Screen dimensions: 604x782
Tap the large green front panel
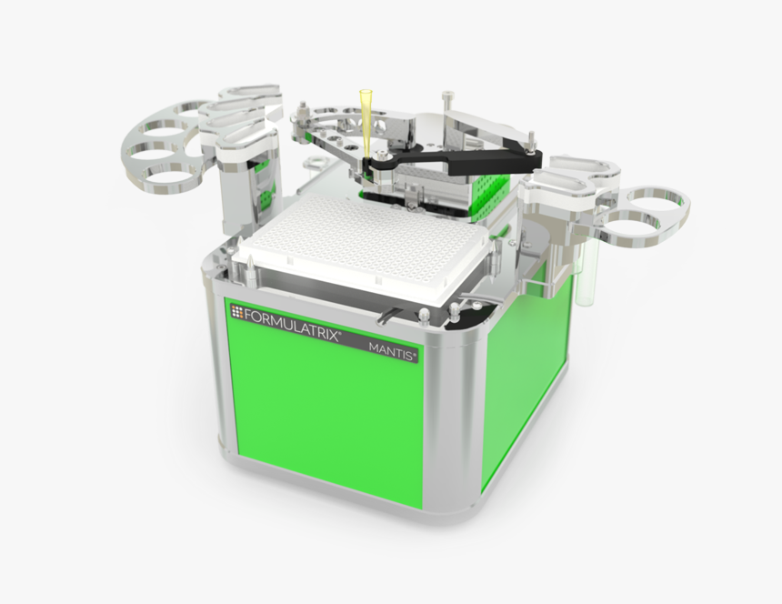[x=327, y=409]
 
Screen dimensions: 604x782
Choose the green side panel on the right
[x=527, y=373]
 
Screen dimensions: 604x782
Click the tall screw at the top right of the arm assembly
[x=447, y=99]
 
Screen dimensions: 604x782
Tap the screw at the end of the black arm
[x=526, y=144]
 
